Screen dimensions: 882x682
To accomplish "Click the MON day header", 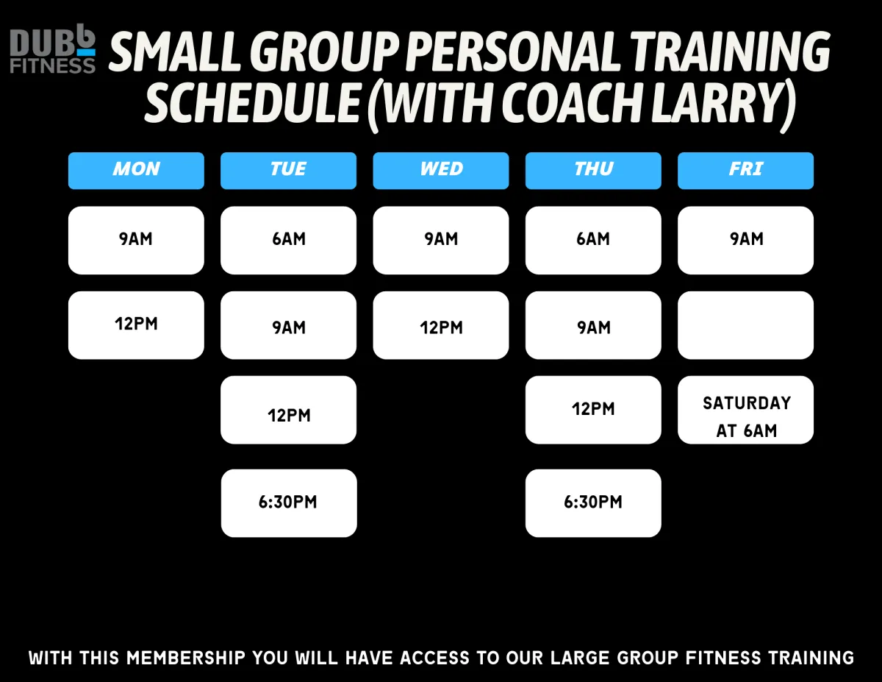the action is click(x=136, y=171).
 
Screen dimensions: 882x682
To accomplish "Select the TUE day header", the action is click(x=289, y=171).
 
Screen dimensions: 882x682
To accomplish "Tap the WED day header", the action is click(x=441, y=171).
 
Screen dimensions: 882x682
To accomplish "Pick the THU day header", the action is click(x=593, y=171).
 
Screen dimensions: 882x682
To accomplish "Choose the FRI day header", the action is click(x=745, y=171).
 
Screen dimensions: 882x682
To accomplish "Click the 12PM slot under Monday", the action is click(x=136, y=325).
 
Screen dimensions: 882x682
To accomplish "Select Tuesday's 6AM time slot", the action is click(x=289, y=241).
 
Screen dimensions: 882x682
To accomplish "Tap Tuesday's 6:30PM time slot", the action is click(x=289, y=503).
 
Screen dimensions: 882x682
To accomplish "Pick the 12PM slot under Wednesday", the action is click(x=441, y=325).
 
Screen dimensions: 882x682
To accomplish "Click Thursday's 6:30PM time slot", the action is click(x=593, y=503).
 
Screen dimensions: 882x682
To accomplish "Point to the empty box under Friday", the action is click(x=745, y=325).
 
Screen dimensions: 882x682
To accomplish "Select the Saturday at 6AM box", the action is click(x=745, y=410).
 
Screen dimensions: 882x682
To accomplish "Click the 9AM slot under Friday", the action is click(x=745, y=241).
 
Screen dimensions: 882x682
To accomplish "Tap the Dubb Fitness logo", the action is click(x=53, y=49).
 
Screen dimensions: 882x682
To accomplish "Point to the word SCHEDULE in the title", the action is click(x=252, y=103).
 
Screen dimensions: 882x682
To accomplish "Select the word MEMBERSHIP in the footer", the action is click(x=186, y=658).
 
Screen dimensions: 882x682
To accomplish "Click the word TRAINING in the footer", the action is click(x=811, y=658).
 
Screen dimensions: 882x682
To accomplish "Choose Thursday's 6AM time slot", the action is click(x=593, y=241).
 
